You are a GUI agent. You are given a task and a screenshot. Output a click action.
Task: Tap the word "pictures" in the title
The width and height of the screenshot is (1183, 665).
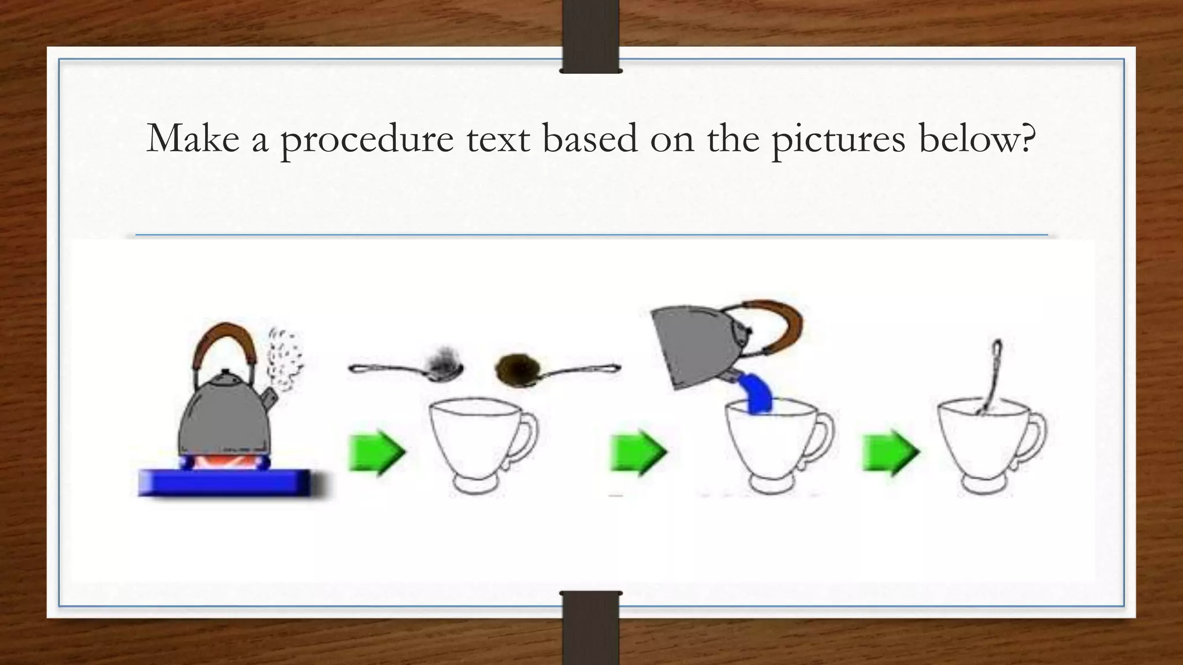[x=838, y=140]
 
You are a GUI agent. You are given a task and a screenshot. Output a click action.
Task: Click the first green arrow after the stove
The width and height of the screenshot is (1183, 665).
[x=377, y=452]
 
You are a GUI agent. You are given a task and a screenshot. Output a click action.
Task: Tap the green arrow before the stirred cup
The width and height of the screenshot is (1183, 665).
[x=890, y=452]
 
